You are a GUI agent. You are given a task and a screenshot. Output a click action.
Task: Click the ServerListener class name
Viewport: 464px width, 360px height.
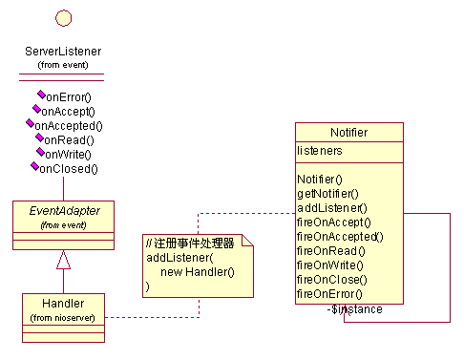[x=63, y=52]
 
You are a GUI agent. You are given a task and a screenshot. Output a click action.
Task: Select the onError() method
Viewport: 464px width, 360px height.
[x=69, y=97]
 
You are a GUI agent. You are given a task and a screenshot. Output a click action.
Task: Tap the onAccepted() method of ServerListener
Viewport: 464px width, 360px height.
[x=69, y=126]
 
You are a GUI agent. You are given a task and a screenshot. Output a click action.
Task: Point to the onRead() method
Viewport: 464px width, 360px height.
[x=69, y=140]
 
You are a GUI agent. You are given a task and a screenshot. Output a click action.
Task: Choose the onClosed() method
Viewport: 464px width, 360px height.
[x=69, y=169]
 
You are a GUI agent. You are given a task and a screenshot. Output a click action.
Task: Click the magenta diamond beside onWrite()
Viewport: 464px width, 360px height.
[x=40, y=152]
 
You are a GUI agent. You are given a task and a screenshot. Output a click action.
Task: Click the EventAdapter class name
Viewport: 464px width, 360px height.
[x=65, y=211]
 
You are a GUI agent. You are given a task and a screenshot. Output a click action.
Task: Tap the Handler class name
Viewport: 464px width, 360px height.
[x=63, y=304]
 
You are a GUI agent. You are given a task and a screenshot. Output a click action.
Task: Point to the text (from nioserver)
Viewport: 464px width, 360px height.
[x=62, y=318]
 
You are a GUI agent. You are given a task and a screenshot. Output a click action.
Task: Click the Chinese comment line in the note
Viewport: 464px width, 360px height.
[x=190, y=244]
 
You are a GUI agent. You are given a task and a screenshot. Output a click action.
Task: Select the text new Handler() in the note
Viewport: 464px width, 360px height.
[x=198, y=272]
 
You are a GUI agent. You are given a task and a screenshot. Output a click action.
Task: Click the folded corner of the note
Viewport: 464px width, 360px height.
[x=247, y=241]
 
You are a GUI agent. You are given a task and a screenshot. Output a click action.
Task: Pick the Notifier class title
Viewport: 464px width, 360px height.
[x=349, y=133]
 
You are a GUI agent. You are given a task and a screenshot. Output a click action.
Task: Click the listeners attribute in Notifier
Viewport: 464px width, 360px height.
[x=320, y=151]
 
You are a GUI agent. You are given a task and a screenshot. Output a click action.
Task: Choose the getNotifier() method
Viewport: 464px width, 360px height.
[x=327, y=194]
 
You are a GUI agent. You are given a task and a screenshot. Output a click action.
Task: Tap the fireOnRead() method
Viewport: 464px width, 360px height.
[x=331, y=251]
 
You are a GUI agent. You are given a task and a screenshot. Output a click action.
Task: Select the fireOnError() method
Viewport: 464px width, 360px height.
[x=329, y=294]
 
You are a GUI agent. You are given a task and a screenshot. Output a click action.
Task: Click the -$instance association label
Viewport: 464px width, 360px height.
[x=355, y=309]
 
